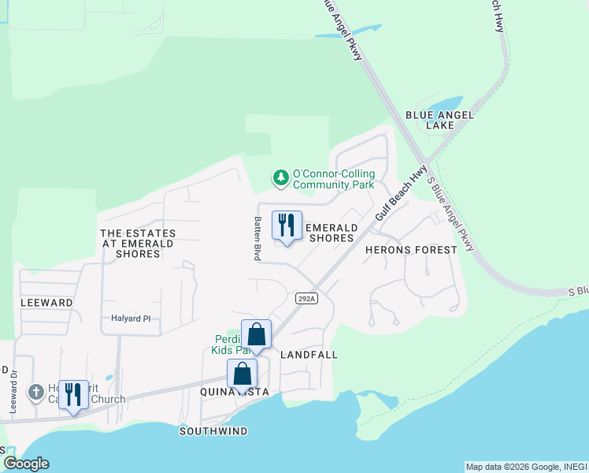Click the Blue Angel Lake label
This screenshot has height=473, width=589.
click(x=439, y=120)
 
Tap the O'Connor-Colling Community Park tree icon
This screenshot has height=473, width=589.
click(x=280, y=179)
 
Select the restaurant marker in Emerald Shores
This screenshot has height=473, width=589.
click(x=287, y=226)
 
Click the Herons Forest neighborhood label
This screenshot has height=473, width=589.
click(x=411, y=250)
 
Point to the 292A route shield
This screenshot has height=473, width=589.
click(x=307, y=298)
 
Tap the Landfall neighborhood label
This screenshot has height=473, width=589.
click(x=309, y=355)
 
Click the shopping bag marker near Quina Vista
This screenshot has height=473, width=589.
click(x=242, y=374)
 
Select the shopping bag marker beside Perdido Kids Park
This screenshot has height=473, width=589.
click(x=256, y=335)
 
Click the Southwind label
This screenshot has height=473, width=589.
click(x=213, y=431)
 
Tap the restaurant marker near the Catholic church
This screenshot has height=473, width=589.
click(x=73, y=395)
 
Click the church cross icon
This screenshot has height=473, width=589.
click(x=35, y=392)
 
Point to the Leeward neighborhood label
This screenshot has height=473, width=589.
click(x=47, y=302)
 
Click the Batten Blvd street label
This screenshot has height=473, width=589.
click(x=257, y=239)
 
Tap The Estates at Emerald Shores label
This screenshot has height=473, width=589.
click(x=138, y=244)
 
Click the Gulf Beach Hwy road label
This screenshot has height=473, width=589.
click(x=401, y=192)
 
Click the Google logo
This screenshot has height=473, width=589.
click(x=26, y=464)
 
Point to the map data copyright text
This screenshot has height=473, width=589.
click(x=526, y=467)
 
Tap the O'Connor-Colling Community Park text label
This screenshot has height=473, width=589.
click(x=333, y=179)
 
